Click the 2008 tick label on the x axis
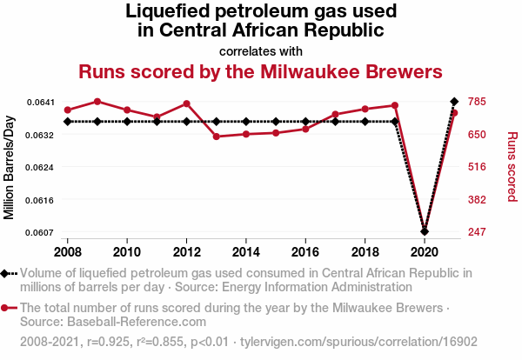(x=68, y=251)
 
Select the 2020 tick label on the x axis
(x=424, y=251)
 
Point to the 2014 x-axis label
(x=246, y=251)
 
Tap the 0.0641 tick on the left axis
(x=41, y=103)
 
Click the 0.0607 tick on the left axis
(x=41, y=232)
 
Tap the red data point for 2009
(x=97, y=102)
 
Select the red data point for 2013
(x=216, y=137)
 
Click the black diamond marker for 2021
(x=453, y=102)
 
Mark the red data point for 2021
(x=453, y=113)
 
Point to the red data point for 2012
(x=186, y=103)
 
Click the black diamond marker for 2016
(x=305, y=122)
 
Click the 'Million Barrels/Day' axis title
(x=10, y=167)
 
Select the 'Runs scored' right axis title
(x=512, y=167)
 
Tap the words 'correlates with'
(x=261, y=50)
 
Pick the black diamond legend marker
(x=7, y=274)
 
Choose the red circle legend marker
(x=7, y=308)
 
